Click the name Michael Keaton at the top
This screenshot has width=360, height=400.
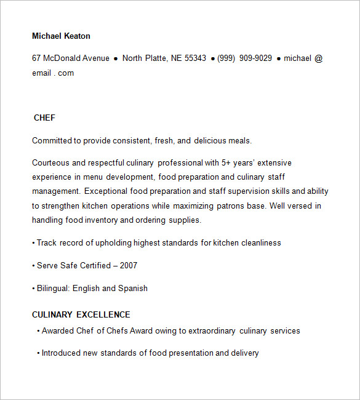click(61, 36)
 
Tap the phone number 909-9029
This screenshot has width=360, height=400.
click(255, 58)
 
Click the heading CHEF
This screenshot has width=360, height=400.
click(44, 118)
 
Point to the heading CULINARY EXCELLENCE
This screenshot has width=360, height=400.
click(81, 314)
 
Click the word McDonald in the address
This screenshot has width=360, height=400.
click(62, 58)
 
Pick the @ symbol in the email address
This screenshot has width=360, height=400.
click(319, 58)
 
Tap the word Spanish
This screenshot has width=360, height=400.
click(133, 289)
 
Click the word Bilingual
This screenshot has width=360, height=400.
click(54, 289)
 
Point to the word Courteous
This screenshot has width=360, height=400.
click(51, 163)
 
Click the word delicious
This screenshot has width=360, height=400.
click(210, 141)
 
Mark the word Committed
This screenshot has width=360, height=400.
click(52, 141)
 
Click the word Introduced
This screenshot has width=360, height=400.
click(62, 353)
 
